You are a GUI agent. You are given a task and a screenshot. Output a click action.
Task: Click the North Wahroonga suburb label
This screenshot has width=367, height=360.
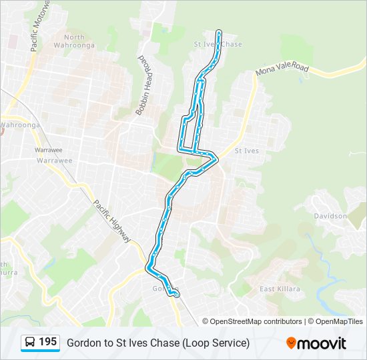coord(75,41)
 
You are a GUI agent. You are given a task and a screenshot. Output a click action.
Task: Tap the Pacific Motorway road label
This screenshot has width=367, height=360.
coord(40,27)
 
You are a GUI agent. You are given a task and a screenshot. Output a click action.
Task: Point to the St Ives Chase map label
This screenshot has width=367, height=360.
coord(218,44)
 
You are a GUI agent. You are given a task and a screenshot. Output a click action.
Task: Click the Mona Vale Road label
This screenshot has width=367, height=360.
coord(282,69)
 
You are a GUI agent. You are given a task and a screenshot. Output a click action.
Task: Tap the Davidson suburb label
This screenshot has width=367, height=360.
coord(330,216)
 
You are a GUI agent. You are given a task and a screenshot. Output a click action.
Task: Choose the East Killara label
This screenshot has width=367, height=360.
coord(280,289)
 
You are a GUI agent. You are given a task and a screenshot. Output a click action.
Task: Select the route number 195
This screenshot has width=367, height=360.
coord(47,342)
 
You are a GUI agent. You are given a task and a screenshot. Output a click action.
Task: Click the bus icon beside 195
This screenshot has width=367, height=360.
coord(30,343)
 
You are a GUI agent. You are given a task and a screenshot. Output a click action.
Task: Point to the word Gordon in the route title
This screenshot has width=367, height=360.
coord(83,343)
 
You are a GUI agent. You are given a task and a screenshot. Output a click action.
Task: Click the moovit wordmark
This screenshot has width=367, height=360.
coord(322,343)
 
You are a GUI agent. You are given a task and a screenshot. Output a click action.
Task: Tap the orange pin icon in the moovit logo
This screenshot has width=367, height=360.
coord(292,343)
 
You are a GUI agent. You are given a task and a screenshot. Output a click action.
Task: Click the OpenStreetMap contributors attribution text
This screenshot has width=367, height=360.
coord(256,321)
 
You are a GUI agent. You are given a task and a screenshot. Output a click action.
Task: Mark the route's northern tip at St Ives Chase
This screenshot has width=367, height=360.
coord(219,31)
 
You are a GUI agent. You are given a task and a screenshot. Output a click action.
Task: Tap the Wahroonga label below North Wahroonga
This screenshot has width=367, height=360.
coord(21,125)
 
